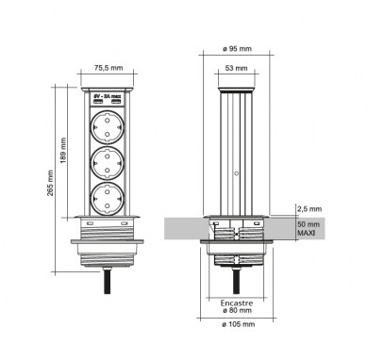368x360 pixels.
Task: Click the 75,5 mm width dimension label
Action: click(x=109, y=68)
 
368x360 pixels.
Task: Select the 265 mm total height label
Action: click(x=50, y=183)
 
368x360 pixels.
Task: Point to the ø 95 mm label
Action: click(x=237, y=49)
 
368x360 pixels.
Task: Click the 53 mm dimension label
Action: click(x=237, y=68)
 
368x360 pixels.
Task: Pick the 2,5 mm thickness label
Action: click(x=309, y=209)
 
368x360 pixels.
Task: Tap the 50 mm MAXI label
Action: click(x=309, y=229)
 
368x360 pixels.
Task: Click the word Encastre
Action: click(x=237, y=303)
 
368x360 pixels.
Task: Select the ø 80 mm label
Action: click(x=237, y=310)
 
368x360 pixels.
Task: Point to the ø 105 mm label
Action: click(x=239, y=324)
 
